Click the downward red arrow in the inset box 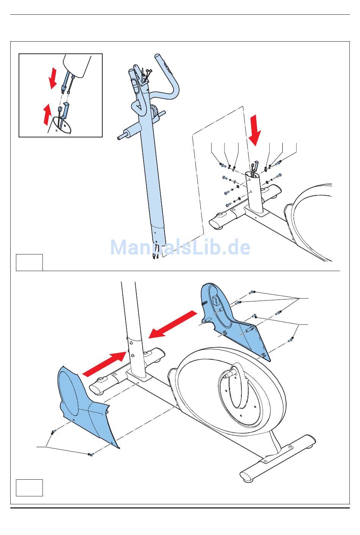point(54,78)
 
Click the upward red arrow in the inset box point(47,115)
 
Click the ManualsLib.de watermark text point(180,247)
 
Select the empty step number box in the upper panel point(29,262)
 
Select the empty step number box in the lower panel point(29,487)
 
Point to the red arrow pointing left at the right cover point(173,324)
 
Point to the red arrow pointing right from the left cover point(104,364)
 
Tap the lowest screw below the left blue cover point(91,454)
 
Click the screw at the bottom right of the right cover point(291,340)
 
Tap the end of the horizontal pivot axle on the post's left point(121,137)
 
